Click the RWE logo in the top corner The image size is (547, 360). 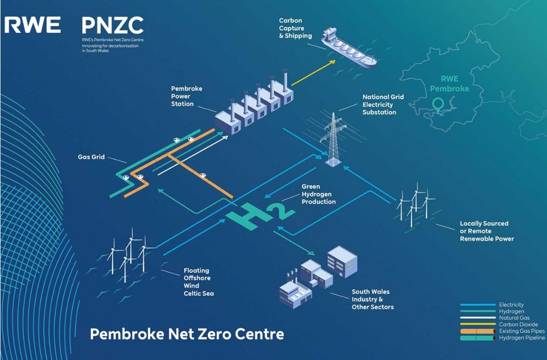pos(33,24)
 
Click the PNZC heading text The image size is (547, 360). pos(112,25)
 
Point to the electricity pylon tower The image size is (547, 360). pos(332,139)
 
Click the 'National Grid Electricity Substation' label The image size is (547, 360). pos(383,104)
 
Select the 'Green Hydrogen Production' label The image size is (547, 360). pos(319,194)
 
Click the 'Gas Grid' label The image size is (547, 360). pos(91,157)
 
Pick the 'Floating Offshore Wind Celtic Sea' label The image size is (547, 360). pos(199,282)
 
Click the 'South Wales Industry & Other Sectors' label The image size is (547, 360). pos(373,299)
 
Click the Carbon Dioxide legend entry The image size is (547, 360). pos(518,325)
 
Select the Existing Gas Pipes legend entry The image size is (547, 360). pos(521,331)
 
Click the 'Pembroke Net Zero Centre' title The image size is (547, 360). pos(187,334)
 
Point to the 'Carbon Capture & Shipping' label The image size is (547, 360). pos(295,28)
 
